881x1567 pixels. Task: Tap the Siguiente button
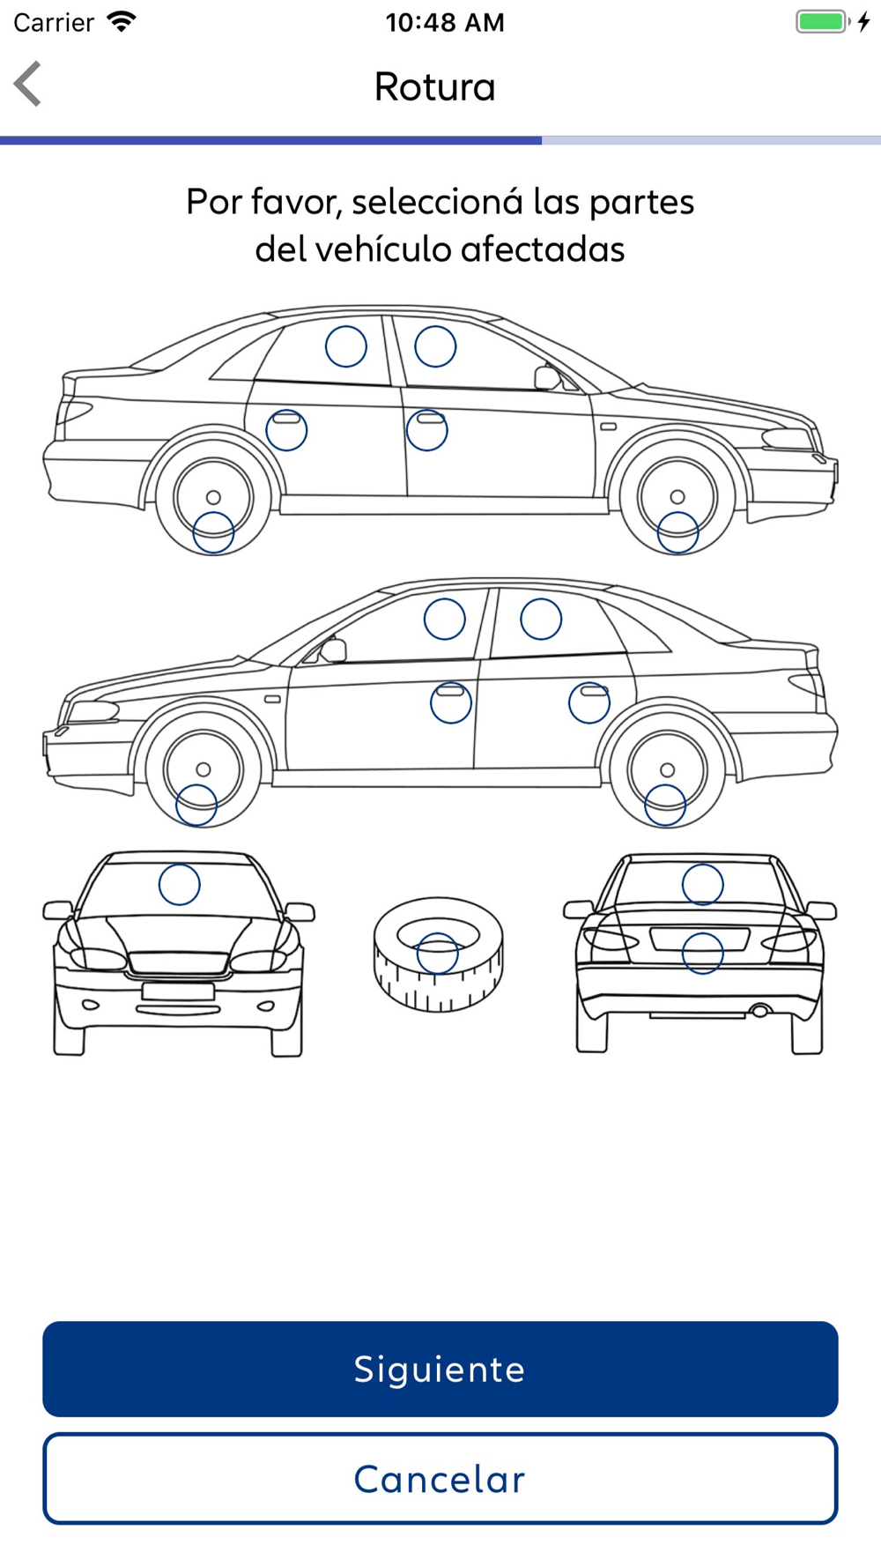coord(440,1369)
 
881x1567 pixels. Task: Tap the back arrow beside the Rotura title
coord(28,85)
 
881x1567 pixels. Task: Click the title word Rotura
coord(434,86)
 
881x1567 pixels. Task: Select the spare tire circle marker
coord(438,954)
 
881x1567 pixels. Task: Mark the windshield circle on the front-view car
coord(179,884)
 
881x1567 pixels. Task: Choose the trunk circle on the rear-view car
coord(702,954)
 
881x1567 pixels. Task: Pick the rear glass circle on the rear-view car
coord(702,884)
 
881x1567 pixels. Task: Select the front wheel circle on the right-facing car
coord(677,532)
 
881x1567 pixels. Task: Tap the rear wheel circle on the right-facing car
coord(213,532)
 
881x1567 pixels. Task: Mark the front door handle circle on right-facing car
coord(427,430)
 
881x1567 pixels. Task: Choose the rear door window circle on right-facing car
coord(346,346)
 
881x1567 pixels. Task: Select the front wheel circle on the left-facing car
coord(196,805)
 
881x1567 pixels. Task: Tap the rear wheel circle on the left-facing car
coord(665,805)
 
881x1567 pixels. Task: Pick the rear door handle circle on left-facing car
coord(589,702)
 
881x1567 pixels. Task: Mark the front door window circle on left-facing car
coord(445,619)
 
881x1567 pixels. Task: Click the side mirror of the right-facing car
coord(546,377)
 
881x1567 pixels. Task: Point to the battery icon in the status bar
coord(822,22)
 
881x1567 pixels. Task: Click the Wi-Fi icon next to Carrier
coord(121,22)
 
